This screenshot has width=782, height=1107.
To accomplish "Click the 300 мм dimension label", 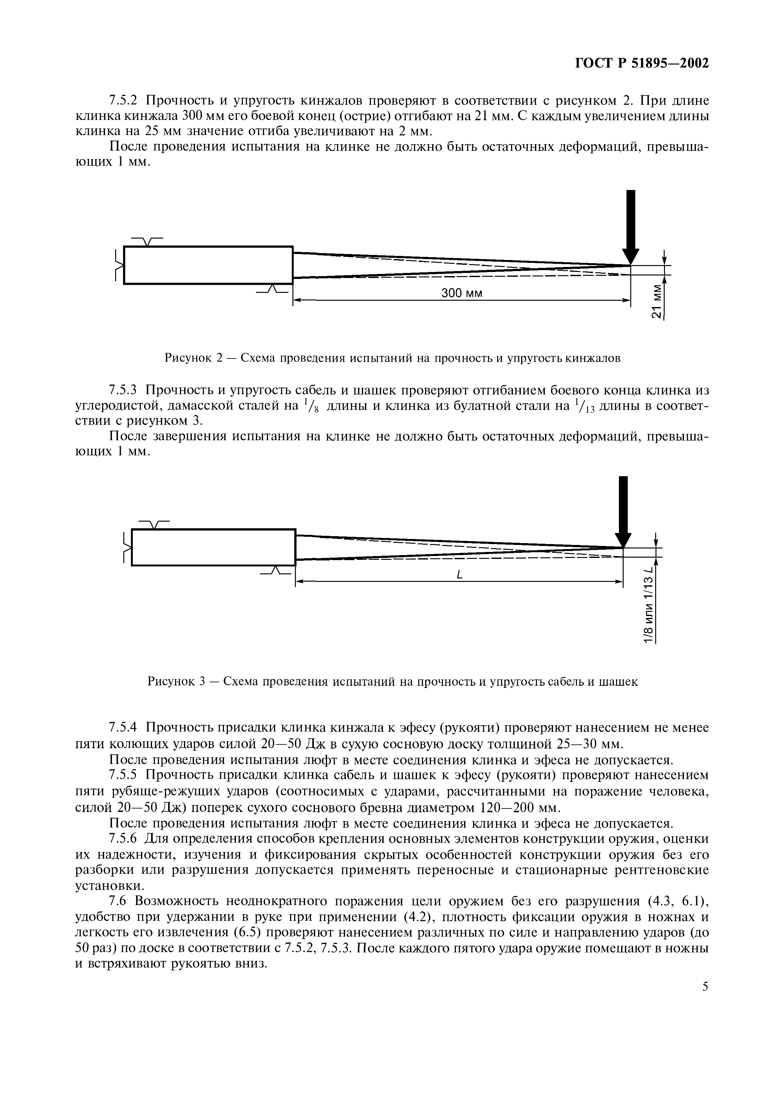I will [x=462, y=293].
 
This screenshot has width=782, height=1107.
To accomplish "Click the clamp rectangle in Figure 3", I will [x=214, y=547].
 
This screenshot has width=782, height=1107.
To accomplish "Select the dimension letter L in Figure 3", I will [x=459, y=575].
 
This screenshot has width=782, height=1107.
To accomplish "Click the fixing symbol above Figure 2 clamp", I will [x=147, y=241].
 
